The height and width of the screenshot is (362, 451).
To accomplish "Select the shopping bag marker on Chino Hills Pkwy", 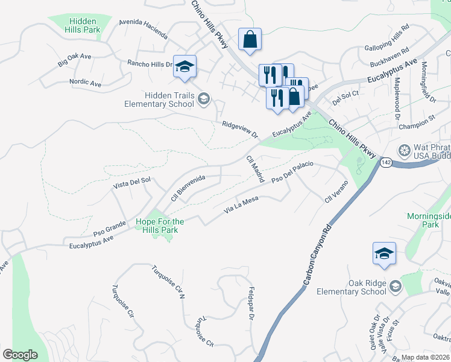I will pyautogui.click(x=250, y=40).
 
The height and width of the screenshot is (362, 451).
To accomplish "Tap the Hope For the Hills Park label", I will pyautogui.click(x=159, y=226).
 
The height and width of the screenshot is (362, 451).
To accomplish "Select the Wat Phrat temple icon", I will pyautogui.click(x=405, y=149).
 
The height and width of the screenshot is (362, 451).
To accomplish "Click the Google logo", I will pyautogui.click(x=20, y=355).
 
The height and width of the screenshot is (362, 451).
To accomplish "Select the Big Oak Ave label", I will pyautogui.click(x=74, y=60).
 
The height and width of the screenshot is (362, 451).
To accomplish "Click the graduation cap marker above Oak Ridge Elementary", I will pyautogui.click(x=383, y=254).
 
